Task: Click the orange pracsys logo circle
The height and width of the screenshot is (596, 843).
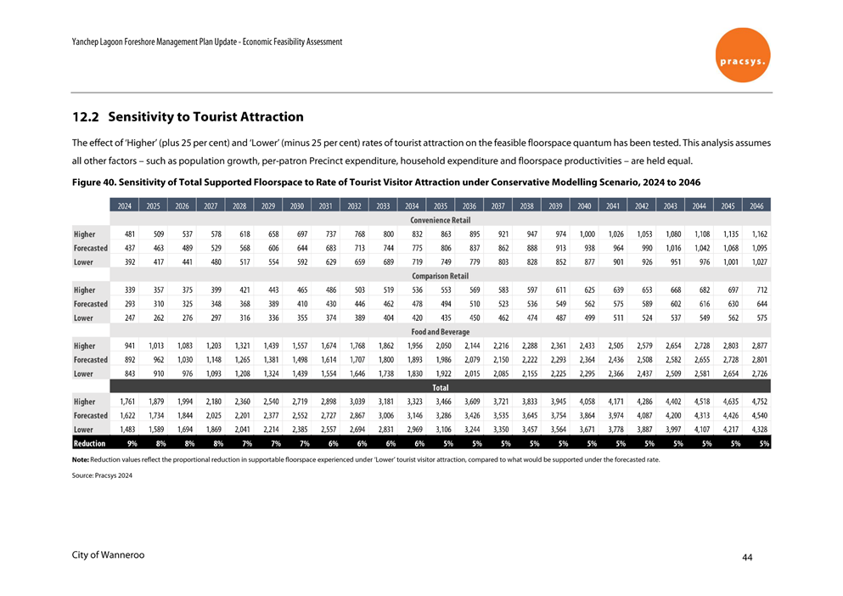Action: pyautogui.click(x=742, y=55)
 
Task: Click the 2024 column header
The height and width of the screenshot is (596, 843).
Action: pyautogui.click(x=125, y=206)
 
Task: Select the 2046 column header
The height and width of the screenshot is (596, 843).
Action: pyautogui.click(x=756, y=206)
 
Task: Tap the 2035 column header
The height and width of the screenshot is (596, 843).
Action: pyautogui.click(x=441, y=206)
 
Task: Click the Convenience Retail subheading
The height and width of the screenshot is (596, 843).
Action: pyautogui.click(x=440, y=220)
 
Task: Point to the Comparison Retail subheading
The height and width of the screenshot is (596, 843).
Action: pyautogui.click(x=440, y=276)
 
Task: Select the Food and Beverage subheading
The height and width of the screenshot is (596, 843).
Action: pyautogui.click(x=440, y=331)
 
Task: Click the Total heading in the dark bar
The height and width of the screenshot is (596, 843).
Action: pyautogui.click(x=440, y=387)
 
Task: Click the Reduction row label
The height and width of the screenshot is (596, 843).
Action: pyautogui.click(x=89, y=443)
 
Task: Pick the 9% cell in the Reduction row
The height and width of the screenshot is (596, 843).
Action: pyautogui.click(x=132, y=443)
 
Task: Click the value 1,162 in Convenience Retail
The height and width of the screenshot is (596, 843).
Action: pyautogui.click(x=759, y=234)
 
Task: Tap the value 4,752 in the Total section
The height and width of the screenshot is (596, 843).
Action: pyautogui.click(x=759, y=402)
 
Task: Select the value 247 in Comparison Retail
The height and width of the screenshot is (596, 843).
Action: pyautogui.click(x=130, y=318)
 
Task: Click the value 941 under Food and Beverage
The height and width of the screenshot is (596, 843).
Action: pyautogui.click(x=130, y=346)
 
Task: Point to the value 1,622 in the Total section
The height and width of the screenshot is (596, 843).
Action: pyautogui.click(x=127, y=415)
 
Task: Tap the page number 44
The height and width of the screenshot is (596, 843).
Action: pyautogui.click(x=747, y=557)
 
